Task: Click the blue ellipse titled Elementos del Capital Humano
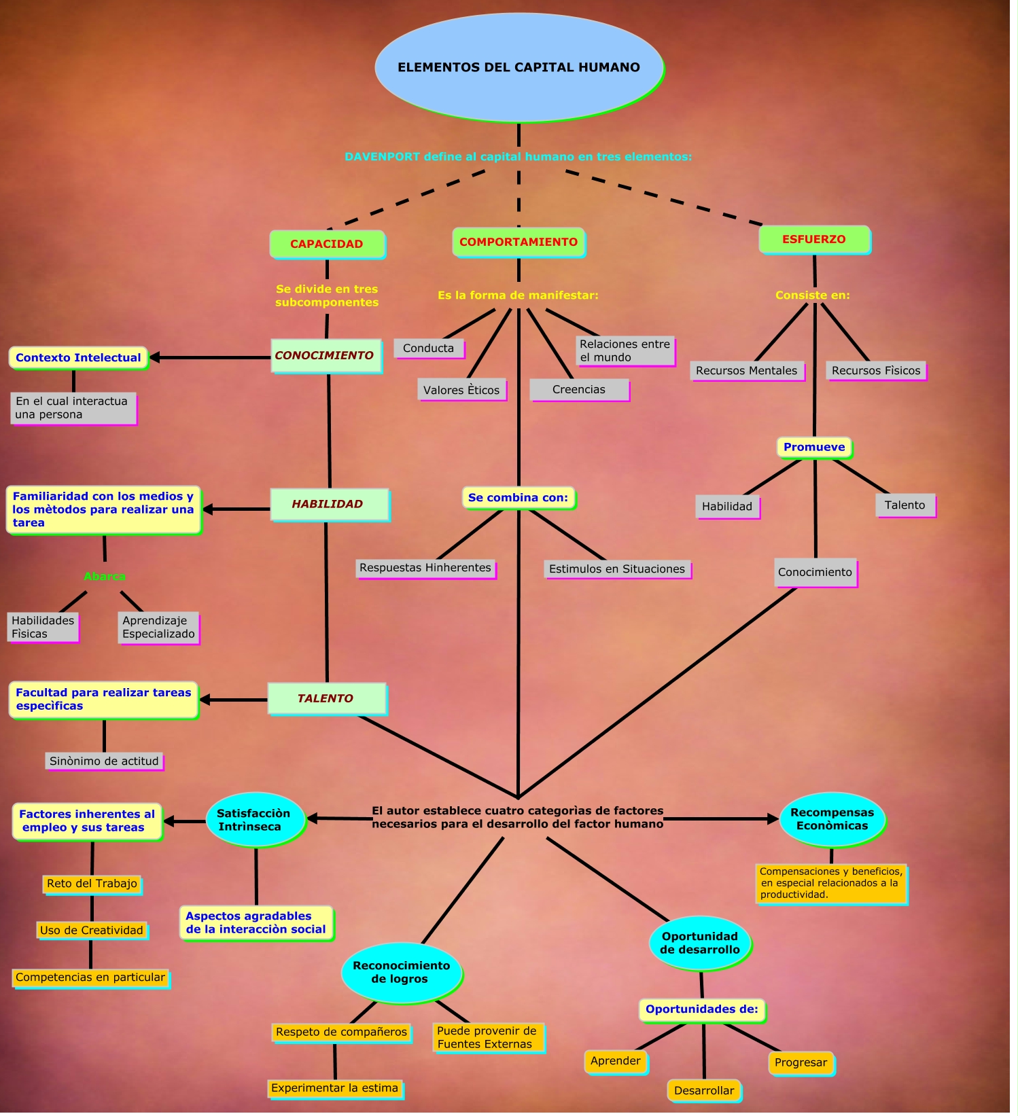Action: click(x=519, y=67)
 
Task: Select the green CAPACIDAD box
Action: click(x=327, y=245)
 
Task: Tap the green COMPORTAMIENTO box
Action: click(x=519, y=242)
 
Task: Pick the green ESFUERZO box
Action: click(x=814, y=240)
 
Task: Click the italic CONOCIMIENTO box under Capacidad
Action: click(x=326, y=356)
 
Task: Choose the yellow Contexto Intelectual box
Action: click(x=78, y=358)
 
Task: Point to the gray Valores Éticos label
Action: click(x=461, y=391)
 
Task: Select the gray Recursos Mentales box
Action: click(x=746, y=371)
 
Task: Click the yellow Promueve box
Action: click(x=814, y=448)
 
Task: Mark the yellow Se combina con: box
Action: click(x=518, y=498)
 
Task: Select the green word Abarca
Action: click(x=105, y=577)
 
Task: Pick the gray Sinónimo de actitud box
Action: click(x=104, y=761)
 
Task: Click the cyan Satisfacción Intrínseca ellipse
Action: click(x=254, y=820)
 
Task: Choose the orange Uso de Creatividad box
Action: click(x=92, y=931)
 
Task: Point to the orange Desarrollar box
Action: click(x=704, y=1091)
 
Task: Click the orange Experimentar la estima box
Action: click(x=335, y=1088)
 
